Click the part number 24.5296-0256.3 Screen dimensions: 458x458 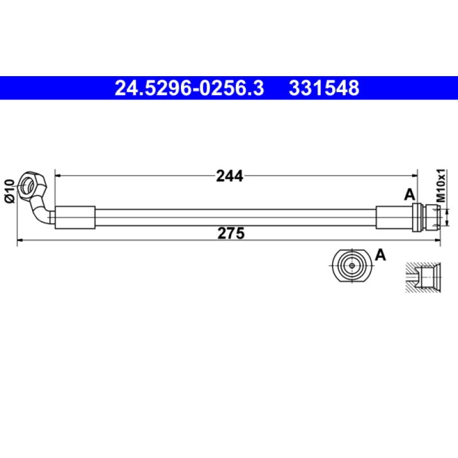coord(189,88)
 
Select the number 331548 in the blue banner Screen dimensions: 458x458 coord(324,88)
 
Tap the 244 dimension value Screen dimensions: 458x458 coord(230,176)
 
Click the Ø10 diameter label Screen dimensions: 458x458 coord(9,190)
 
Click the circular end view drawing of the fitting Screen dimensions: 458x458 coord(350,266)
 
